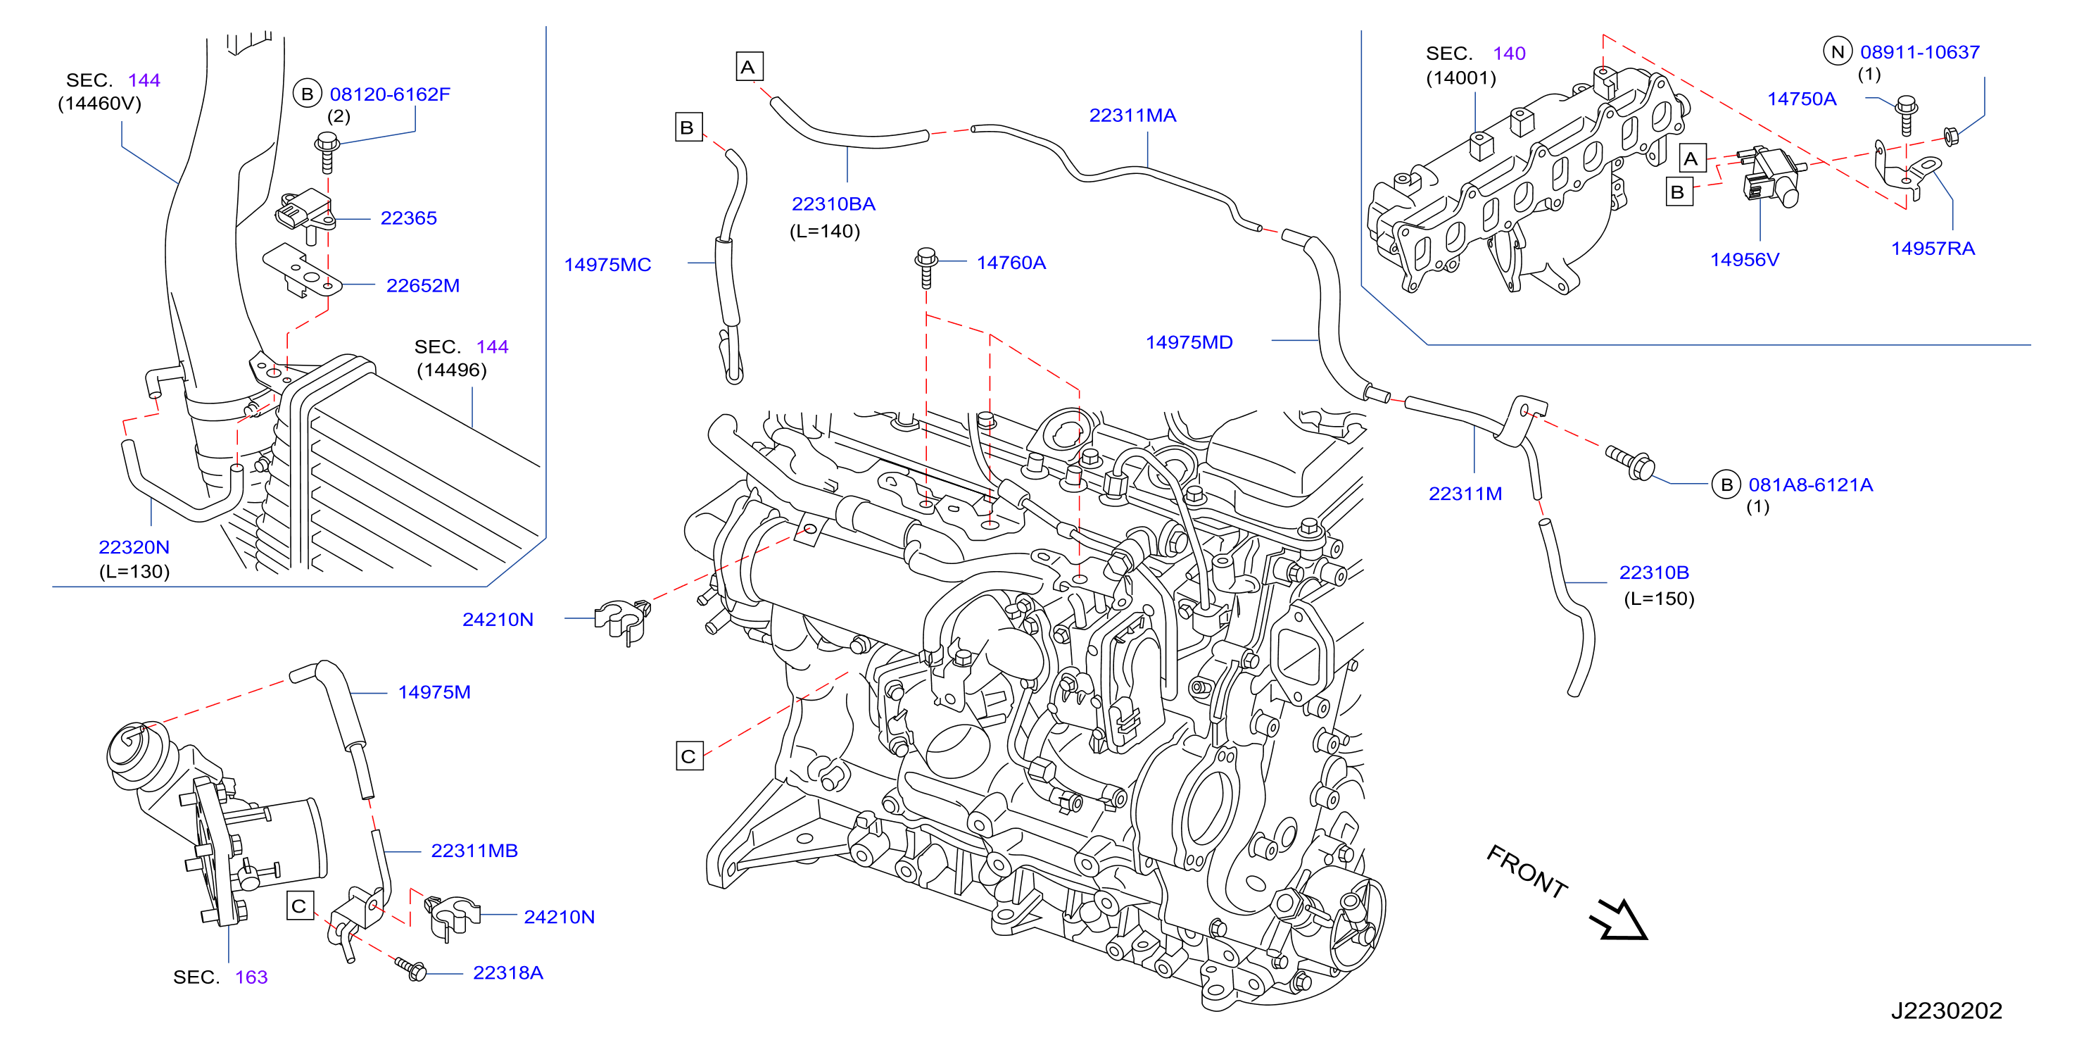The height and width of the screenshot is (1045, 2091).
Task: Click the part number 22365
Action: (408, 218)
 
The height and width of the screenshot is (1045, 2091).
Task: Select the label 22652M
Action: (423, 285)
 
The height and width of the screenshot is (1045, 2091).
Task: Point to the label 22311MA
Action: (1132, 115)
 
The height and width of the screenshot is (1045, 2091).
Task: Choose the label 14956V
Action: (1745, 259)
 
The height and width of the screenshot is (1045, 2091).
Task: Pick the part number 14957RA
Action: (1933, 248)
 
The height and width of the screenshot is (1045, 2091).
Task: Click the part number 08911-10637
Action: (1920, 52)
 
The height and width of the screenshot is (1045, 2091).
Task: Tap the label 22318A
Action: (508, 972)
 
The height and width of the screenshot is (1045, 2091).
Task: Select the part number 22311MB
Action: (474, 850)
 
